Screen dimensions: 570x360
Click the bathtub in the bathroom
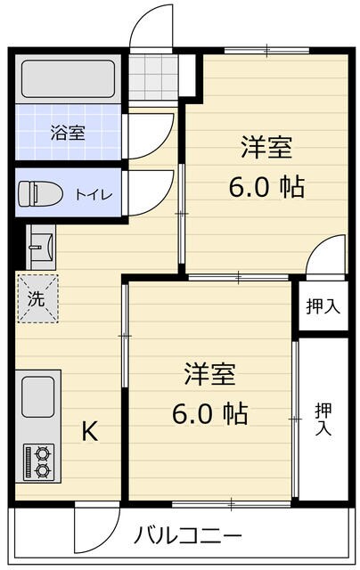click(x=67, y=79)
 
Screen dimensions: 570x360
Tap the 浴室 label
click(x=68, y=134)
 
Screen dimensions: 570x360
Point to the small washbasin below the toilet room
click(x=41, y=246)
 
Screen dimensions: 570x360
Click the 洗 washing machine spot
click(x=37, y=300)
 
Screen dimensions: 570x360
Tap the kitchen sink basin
click(x=37, y=395)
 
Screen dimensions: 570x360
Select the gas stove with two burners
click(x=38, y=460)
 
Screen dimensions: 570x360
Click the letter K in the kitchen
click(x=90, y=432)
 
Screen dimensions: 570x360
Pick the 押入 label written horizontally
click(x=322, y=306)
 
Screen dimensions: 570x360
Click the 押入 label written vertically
click(x=323, y=419)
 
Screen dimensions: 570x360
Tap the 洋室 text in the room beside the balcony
click(x=210, y=374)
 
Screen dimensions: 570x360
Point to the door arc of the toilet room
click(x=148, y=191)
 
